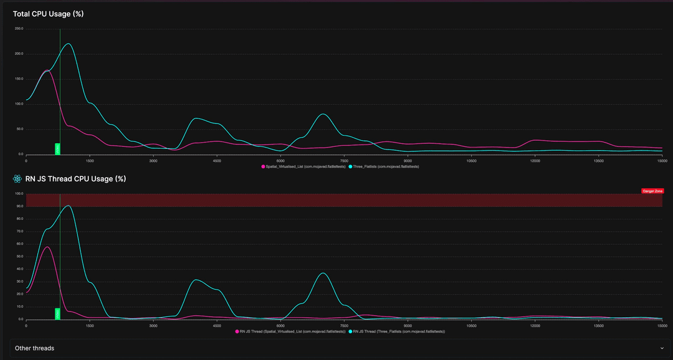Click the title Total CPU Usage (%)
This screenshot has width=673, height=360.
[x=48, y=14]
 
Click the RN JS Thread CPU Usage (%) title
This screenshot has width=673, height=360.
[x=75, y=179]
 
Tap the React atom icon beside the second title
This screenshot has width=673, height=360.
[x=17, y=179]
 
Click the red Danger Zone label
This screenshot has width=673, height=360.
[x=652, y=191]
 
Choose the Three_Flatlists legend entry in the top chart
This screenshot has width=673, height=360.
[x=384, y=167]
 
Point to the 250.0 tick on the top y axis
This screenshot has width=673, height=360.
[x=19, y=29]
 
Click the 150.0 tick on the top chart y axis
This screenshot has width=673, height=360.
[x=19, y=79]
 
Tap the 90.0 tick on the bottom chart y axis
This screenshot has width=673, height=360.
[x=20, y=206]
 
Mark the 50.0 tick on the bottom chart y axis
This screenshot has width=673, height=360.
[x=20, y=257]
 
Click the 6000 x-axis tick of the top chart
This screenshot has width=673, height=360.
[x=280, y=160]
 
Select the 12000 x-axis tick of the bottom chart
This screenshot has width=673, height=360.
[x=535, y=325]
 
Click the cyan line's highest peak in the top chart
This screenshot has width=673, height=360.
[x=68, y=44]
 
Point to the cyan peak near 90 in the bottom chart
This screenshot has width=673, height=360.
[x=68, y=206]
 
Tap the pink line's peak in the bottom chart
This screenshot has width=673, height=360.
[x=47, y=247]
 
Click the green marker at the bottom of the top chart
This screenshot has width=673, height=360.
[x=57, y=149]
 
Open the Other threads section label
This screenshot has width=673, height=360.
[x=34, y=348]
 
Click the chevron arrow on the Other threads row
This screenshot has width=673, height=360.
[x=661, y=348]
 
